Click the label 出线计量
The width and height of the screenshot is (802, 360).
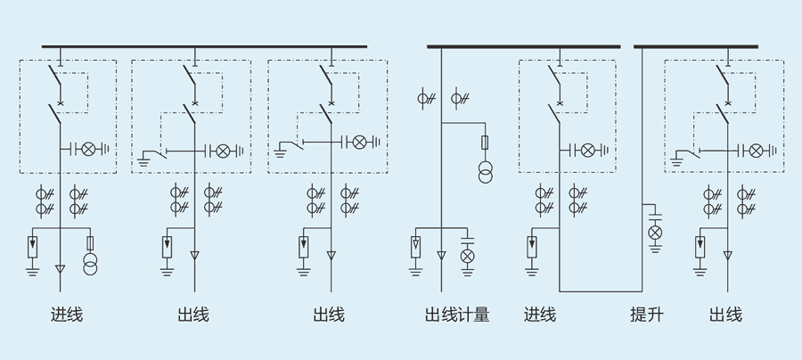click(x=457, y=315)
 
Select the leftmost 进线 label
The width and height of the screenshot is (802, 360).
click(x=67, y=315)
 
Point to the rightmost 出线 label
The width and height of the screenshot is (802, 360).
click(x=725, y=315)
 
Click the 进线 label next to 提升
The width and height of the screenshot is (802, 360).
click(x=539, y=315)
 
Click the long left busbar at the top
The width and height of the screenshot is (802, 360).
click(x=204, y=45)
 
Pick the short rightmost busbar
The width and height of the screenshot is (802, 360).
click(x=696, y=45)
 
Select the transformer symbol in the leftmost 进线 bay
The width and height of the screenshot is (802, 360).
click(x=89, y=266)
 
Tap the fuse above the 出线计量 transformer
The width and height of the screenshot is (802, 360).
click(x=486, y=143)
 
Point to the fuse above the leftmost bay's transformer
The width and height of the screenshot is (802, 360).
click(x=89, y=242)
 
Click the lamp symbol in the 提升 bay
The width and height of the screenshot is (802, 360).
click(x=655, y=233)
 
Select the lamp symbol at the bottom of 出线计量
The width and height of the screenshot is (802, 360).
click(x=466, y=257)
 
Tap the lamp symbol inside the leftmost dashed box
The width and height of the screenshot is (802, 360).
click(x=88, y=149)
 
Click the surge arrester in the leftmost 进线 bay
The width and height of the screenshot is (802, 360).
click(x=33, y=245)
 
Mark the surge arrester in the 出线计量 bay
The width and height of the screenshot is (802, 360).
click(x=416, y=245)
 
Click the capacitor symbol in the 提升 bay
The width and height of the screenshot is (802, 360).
click(x=655, y=217)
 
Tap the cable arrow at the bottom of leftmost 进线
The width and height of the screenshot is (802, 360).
click(x=61, y=267)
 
